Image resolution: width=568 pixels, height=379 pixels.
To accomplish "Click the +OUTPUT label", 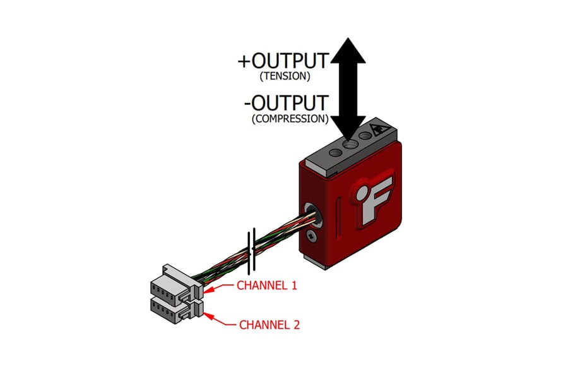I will pyautogui.click(x=283, y=61).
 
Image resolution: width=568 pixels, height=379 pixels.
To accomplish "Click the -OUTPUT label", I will pyautogui.click(x=285, y=102).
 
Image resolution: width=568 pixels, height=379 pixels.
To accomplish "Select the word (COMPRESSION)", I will pyautogui.click(x=290, y=118).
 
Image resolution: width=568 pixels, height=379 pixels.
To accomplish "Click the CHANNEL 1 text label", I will pyautogui.click(x=266, y=285).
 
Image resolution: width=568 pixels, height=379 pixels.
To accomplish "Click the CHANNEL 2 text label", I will pyautogui.click(x=269, y=325).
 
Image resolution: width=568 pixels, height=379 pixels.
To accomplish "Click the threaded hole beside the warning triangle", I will pyautogui.click(x=365, y=135).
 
